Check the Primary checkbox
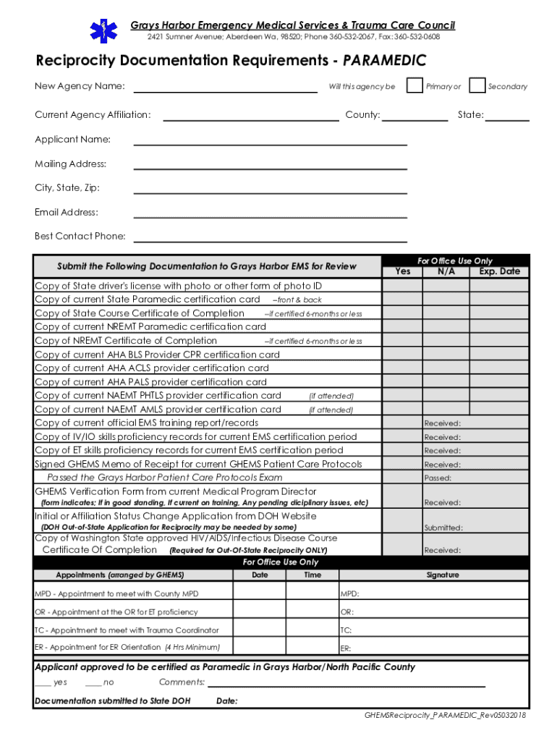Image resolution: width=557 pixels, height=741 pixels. (x=414, y=85)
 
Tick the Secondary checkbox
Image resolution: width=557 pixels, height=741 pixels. (x=477, y=85)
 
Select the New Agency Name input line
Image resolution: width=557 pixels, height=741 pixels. (x=226, y=88)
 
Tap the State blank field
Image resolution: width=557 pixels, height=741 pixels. (x=511, y=115)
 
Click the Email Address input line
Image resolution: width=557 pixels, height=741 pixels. (x=270, y=213)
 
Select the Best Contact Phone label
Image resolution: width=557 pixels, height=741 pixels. (x=80, y=236)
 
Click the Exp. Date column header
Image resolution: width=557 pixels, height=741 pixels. (x=499, y=271)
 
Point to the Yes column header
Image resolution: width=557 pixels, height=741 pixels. (x=403, y=271)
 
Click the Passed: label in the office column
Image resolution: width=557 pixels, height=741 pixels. (x=438, y=478)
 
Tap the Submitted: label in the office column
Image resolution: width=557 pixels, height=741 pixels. (x=443, y=528)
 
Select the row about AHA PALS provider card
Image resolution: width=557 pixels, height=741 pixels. (x=150, y=382)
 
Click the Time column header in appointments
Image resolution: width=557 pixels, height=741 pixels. (x=312, y=575)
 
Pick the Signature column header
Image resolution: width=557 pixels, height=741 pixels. (x=442, y=575)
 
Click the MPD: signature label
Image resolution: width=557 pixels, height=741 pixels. (x=349, y=594)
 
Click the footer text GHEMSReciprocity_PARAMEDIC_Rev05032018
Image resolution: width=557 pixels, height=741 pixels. (x=445, y=715)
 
